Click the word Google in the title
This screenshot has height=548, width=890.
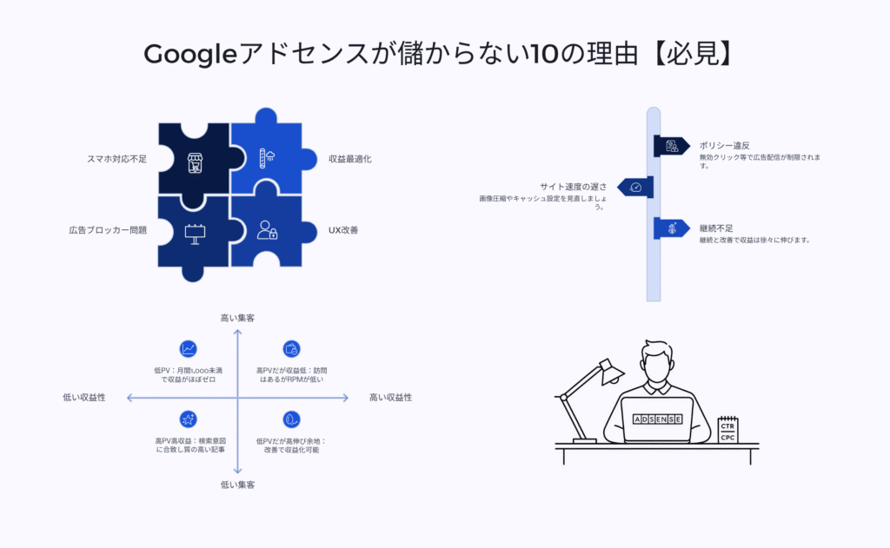[189, 55]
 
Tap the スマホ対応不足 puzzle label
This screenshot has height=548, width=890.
[116, 159]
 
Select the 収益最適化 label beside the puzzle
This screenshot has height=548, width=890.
[350, 159]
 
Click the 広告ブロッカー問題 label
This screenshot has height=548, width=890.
[108, 230]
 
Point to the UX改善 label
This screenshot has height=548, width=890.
[343, 230]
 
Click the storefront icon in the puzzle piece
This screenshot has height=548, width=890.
[195, 162]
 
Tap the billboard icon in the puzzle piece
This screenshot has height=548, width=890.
[195, 234]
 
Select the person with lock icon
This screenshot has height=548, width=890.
[267, 230]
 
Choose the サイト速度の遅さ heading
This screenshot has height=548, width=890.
[573, 187]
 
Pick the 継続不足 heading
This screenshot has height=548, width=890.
[716, 228]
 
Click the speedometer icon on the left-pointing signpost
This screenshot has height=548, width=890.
[635, 188]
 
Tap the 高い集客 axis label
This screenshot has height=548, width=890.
[237, 318]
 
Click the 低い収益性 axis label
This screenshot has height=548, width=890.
[84, 397]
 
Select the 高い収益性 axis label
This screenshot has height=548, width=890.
[390, 397]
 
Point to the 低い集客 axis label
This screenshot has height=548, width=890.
[237, 485]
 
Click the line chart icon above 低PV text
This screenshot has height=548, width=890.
[188, 349]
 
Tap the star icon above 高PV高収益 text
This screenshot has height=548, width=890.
[188, 419]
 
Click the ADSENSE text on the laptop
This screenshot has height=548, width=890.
[657, 419]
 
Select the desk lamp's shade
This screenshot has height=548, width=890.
[611, 371]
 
